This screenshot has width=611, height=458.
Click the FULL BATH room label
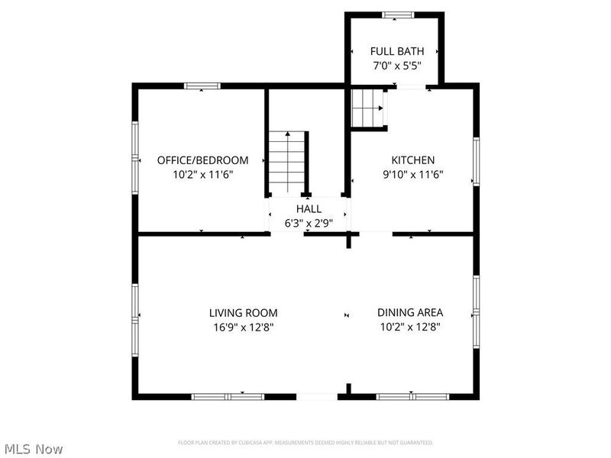tap(397, 51)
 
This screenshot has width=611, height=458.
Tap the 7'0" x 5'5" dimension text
tap(397, 66)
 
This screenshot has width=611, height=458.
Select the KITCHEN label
tap(413, 160)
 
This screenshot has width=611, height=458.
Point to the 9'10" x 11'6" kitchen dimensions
tap(413, 174)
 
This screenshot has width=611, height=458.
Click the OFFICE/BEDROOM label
tap(202, 160)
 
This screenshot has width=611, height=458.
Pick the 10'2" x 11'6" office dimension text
tap(202, 174)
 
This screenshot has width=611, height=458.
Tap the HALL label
tap(309, 208)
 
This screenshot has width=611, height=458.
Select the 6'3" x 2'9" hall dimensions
tap(309, 223)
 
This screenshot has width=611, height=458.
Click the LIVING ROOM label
tap(244, 313)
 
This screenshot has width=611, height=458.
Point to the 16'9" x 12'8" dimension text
tap(244, 327)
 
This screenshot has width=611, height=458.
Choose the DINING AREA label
tap(410, 313)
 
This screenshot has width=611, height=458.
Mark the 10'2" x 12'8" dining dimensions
tap(410, 327)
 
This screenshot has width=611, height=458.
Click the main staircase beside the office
tap(287, 163)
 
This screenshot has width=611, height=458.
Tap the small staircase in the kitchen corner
tap(367, 108)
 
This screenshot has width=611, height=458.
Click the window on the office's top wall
tap(202, 86)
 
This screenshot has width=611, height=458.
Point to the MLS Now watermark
tap(34, 450)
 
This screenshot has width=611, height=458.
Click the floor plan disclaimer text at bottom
tap(305, 443)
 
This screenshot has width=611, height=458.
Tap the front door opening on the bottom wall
tap(316, 396)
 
